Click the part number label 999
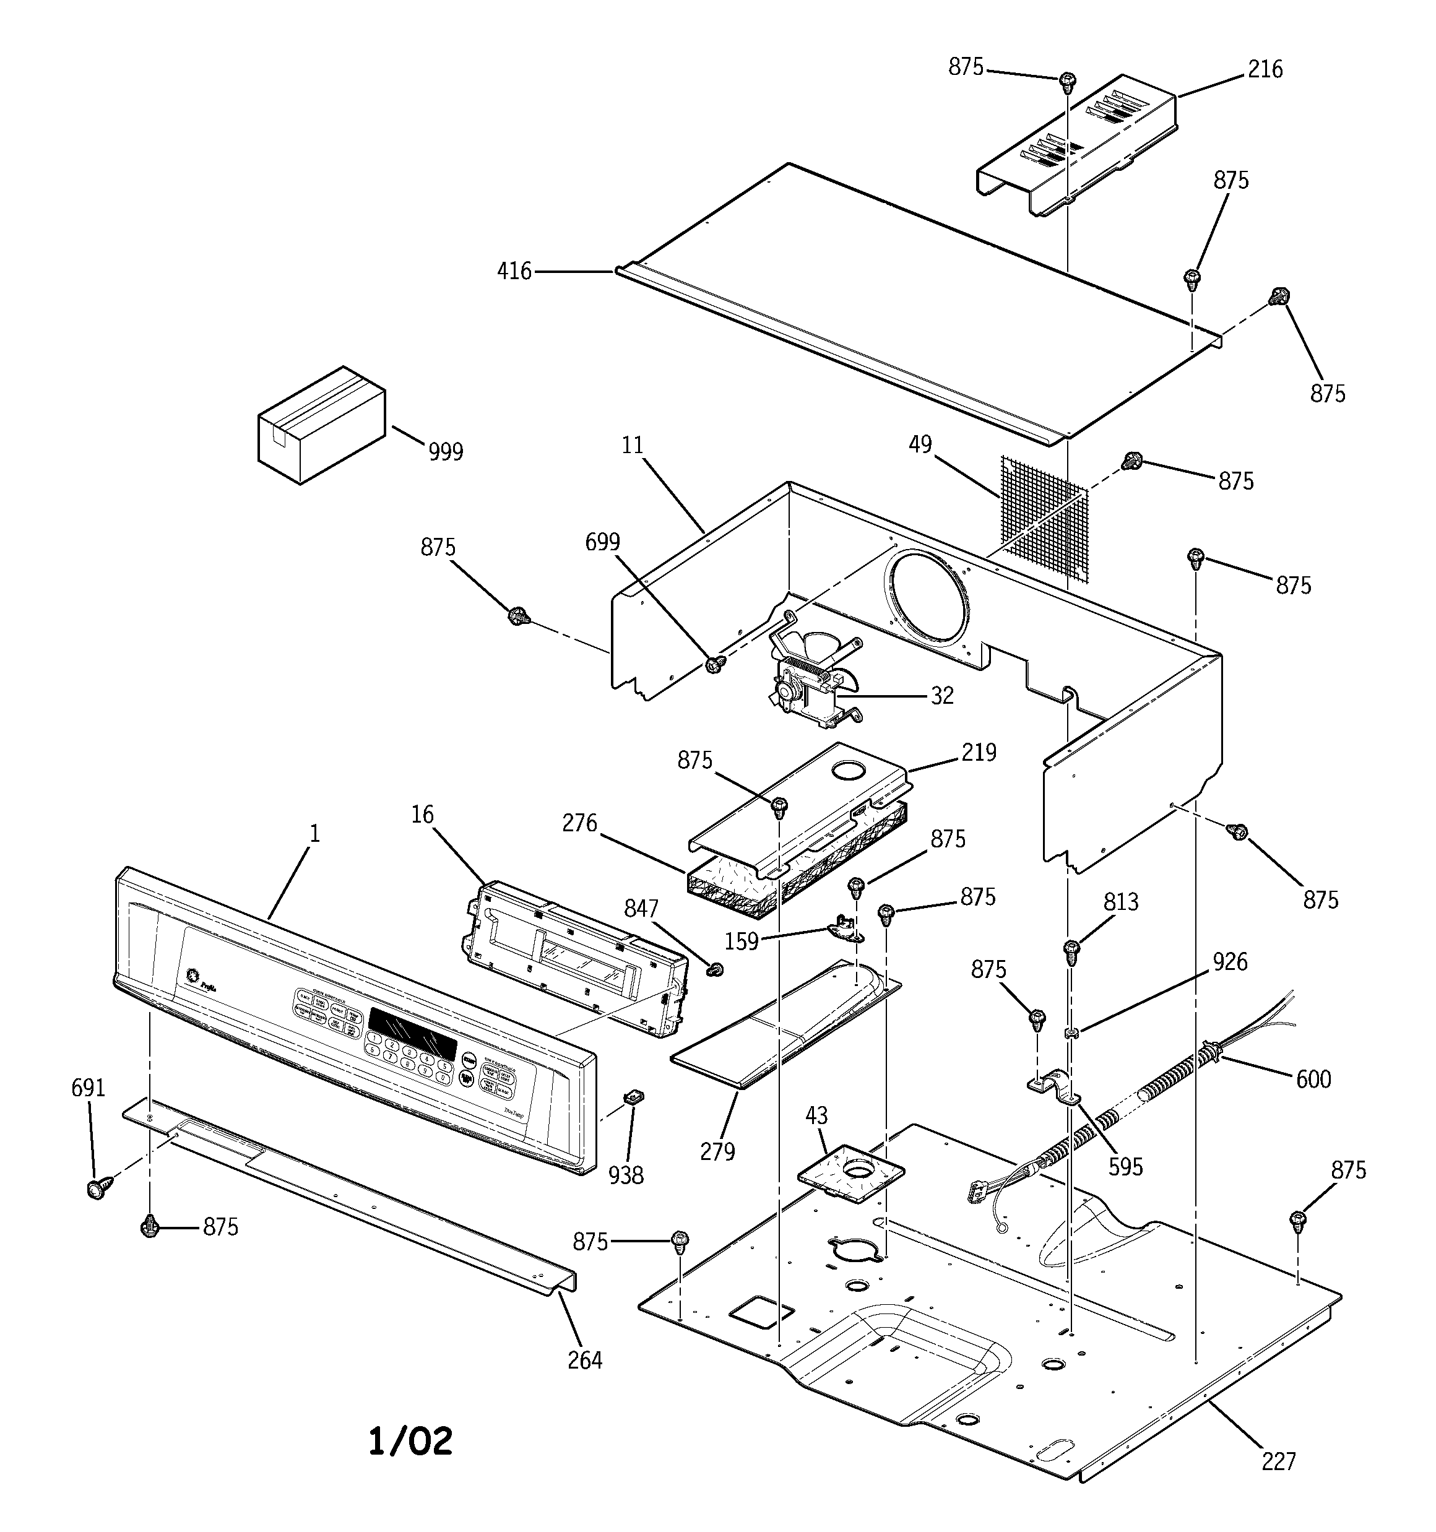tap(446, 452)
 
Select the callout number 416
tap(514, 271)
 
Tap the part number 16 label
tap(422, 815)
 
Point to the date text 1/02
tap(410, 1441)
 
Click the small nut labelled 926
tap(1071, 1032)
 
